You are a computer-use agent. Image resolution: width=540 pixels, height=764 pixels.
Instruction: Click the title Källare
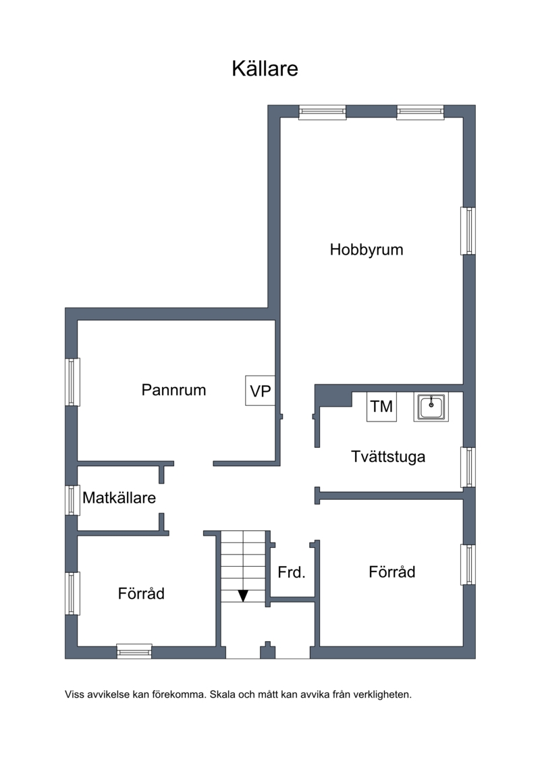(265, 69)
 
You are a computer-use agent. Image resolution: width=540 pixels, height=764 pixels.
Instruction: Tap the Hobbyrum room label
(366, 249)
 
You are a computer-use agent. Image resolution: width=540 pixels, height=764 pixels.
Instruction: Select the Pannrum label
(174, 390)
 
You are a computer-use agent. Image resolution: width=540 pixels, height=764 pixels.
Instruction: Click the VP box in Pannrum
(260, 390)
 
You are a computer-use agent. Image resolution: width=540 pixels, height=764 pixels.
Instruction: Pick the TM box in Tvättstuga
(381, 407)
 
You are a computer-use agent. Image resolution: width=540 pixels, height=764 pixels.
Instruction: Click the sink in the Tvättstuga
(431, 407)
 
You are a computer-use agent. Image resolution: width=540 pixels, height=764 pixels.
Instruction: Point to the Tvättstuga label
(388, 457)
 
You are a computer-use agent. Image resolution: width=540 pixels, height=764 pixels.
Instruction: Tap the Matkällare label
(119, 497)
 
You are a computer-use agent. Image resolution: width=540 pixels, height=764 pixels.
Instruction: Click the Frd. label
(292, 572)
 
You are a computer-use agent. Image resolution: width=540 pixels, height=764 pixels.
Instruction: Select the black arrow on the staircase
(243, 595)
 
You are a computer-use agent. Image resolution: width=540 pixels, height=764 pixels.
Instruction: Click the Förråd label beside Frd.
(392, 571)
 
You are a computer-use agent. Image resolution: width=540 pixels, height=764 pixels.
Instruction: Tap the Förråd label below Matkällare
(141, 594)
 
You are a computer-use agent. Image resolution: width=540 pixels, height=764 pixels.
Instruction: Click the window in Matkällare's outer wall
(72, 500)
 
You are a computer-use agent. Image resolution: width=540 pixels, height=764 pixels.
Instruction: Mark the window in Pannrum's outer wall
(72, 382)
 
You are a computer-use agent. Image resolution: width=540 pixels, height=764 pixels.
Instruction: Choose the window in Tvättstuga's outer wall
(468, 467)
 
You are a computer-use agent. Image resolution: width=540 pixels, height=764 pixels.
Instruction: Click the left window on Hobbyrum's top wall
(323, 113)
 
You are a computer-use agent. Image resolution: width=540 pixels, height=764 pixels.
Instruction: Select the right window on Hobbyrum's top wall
(421, 113)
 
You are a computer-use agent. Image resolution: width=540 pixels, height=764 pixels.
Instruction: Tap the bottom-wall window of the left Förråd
(134, 651)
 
